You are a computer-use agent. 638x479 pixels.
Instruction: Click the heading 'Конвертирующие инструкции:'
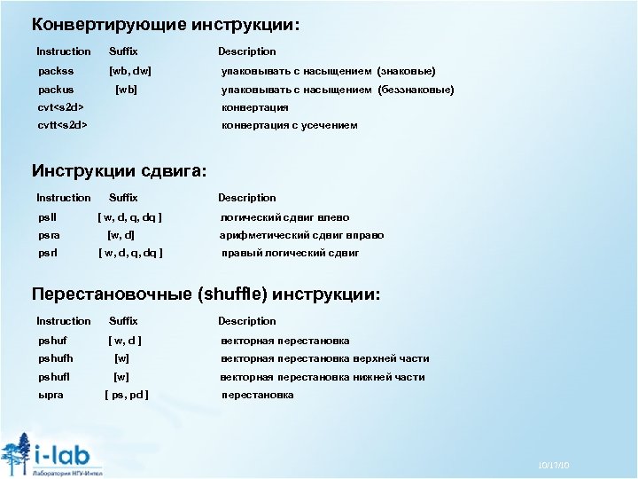(x=166, y=25)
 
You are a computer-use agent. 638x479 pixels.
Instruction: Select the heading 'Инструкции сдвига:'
(x=119, y=170)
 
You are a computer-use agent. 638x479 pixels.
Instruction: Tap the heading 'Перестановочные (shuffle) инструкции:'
(x=206, y=294)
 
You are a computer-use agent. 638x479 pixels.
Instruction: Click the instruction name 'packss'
(x=56, y=70)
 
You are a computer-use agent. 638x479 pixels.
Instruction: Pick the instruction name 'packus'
(x=56, y=90)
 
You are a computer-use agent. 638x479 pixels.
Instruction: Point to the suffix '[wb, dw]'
(x=129, y=70)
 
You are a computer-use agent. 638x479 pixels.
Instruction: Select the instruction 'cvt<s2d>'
(x=61, y=107)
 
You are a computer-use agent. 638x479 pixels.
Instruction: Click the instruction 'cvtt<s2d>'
(x=63, y=125)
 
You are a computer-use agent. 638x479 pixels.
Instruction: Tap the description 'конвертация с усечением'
(x=289, y=125)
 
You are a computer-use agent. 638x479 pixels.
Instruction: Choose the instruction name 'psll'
(x=47, y=217)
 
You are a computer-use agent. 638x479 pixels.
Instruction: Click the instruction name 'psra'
(x=50, y=235)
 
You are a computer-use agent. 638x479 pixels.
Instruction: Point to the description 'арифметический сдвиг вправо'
(x=301, y=235)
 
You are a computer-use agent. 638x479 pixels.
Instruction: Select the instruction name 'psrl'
(x=48, y=253)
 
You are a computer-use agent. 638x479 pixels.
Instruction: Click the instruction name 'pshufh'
(x=56, y=358)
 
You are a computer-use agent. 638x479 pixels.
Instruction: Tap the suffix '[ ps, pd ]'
(x=127, y=395)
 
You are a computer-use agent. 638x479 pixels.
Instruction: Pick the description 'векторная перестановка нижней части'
(x=323, y=377)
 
